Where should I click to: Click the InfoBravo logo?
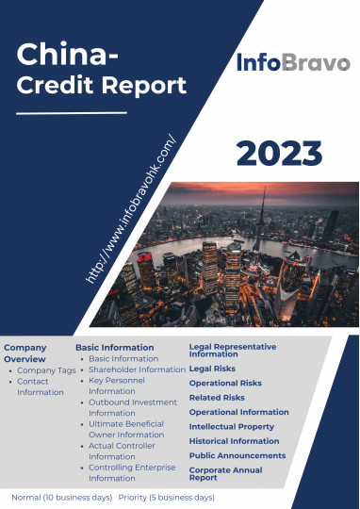point(293,62)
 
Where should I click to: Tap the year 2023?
point(279,154)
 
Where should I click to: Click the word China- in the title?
point(67,54)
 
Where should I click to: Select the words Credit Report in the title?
point(101,86)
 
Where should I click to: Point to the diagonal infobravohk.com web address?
point(130,208)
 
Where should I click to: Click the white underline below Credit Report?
point(72,113)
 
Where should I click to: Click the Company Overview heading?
point(25,353)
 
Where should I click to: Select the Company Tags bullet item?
point(46,370)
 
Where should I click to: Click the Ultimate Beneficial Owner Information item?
point(126,429)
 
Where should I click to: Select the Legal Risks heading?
point(212,369)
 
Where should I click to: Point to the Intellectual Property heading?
point(232,427)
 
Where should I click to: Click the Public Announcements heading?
point(237,455)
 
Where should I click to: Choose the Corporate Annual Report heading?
point(225,473)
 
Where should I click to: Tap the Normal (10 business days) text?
point(62,498)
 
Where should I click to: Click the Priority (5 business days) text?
point(167,498)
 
